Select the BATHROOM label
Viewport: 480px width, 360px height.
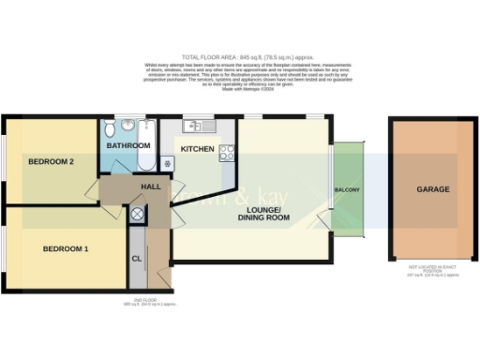click(x=128, y=146)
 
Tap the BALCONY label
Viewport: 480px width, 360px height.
click(x=348, y=190)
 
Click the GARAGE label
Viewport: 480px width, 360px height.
click(x=433, y=189)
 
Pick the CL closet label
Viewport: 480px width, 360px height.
click(x=137, y=258)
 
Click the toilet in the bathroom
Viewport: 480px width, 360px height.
click(x=111, y=128)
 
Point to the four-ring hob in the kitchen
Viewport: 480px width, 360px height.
click(x=226, y=154)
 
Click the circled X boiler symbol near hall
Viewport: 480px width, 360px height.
click(x=138, y=215)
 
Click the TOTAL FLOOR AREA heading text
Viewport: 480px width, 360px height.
click(x=239, y=55)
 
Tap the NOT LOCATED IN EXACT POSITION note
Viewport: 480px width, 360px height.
click(x=432, y=269)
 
